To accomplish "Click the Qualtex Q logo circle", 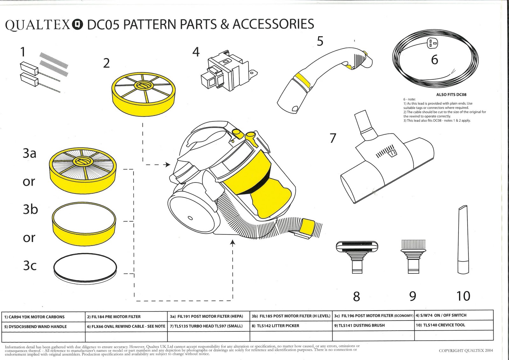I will coord(78,25).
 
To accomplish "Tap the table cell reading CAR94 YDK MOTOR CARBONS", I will coord(44,317).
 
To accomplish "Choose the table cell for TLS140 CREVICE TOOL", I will coord(454,325).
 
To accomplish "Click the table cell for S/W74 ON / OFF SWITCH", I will coord(454,315).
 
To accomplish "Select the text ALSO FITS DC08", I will coord(451,95).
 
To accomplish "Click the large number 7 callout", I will coord(333,138).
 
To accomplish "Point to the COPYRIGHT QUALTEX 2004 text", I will coord(466,350).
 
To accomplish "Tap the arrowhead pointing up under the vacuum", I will coord(233,243).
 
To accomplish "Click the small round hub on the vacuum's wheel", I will coord(190,218).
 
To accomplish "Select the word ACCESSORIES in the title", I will coord(273,25).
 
